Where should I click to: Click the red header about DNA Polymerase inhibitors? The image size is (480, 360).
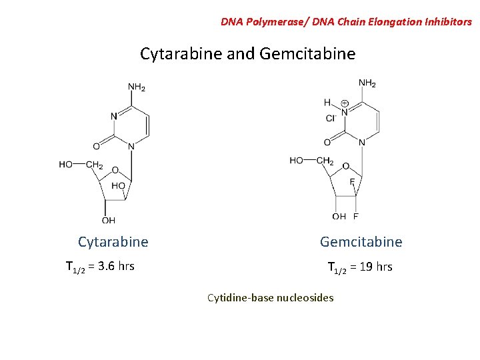click(x=346, y=21)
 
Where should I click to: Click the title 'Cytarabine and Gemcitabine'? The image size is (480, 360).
click(x=247, y=53)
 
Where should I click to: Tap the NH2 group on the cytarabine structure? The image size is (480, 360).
click(x=137, y=87)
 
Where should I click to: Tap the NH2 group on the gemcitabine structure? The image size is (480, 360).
click(x=367, y=83)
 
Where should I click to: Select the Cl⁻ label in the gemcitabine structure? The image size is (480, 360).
click(x=331, y=118)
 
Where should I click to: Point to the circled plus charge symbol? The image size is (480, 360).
click(x=345, y=103)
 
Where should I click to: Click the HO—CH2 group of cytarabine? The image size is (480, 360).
click(x=81, y=165)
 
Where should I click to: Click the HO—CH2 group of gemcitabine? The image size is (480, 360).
click(x=311, y=161)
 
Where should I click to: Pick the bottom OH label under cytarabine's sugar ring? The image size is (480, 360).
click(x=108, y=220)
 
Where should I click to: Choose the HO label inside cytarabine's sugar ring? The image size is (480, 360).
click(x=118, y=186)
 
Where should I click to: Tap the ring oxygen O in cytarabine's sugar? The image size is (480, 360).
click(x=115, y=170)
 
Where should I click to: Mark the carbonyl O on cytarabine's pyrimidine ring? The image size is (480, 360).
click(x=96, y=146)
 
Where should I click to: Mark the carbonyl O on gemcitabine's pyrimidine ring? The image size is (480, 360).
click(x=327, y=142)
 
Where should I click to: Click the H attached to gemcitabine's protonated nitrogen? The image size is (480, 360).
click(x=327, y=102)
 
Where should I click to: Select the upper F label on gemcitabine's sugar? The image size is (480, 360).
click(x=352, y=181)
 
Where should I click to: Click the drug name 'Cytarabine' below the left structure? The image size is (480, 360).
click(x=113, y=241)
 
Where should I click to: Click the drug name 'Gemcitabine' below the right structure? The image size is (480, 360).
click(x=361, y=241)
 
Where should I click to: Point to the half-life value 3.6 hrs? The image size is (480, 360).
click(x=115, y=267)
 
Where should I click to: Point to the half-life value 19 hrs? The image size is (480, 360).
click(x=376, y=267)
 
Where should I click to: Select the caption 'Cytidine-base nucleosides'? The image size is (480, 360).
click(x=270, y=297)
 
